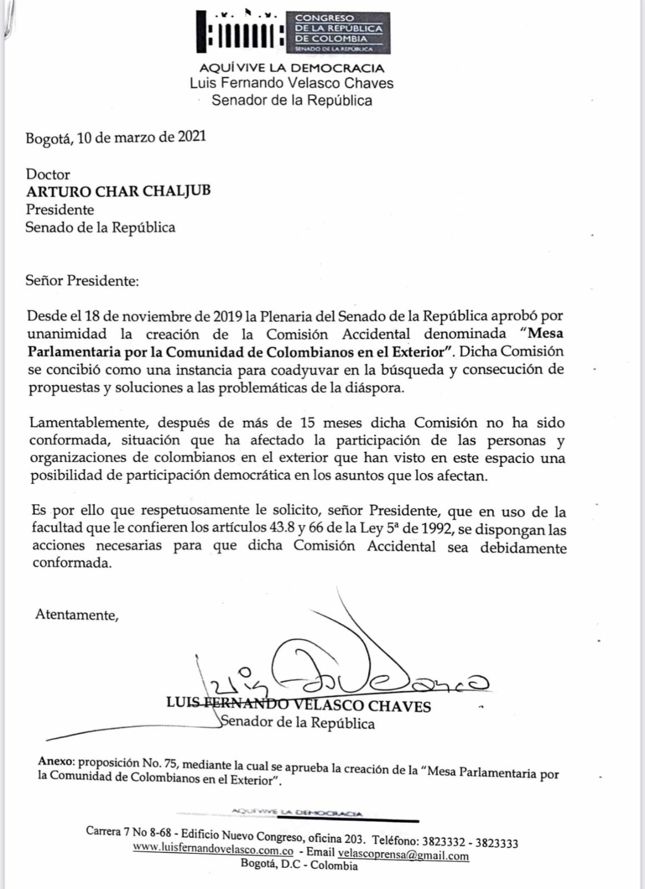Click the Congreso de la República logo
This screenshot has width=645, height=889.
tap(293, 32)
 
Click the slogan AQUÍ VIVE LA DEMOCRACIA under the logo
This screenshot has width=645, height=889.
tap(292, 68)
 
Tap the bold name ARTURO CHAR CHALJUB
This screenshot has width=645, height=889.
tap(118, 191)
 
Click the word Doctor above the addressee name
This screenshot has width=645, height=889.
tap(48, 175)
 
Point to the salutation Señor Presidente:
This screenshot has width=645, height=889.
tap(82, 281)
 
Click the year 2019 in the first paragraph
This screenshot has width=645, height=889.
tap(227, 316)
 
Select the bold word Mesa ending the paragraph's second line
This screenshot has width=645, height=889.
tap(545, 334)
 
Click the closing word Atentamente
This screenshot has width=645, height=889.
tap(76, 615)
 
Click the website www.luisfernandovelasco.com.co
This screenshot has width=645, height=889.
tap(213, 849)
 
